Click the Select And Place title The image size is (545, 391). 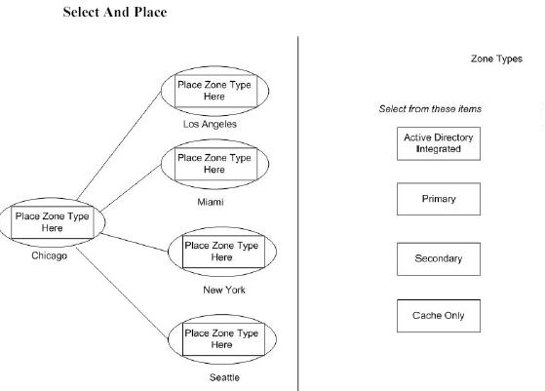point(115,12)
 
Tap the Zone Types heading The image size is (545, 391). point(496,59)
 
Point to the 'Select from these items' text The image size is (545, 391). point(430,109)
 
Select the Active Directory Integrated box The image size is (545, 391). point(439,143)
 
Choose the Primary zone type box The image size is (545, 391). point(439,199)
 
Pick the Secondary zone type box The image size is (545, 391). point(439,259)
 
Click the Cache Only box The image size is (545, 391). point(439,316)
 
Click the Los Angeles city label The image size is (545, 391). point(210,125)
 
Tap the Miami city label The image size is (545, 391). point(211,202)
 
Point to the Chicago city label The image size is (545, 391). point(49,255)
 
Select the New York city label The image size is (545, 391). point(224,290)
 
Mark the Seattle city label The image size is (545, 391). point(224,377)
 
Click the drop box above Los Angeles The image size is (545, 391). point(215,91)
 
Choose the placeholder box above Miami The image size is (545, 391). point(215,164)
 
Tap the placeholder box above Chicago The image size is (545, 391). point(53,222)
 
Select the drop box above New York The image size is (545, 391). point(223,252)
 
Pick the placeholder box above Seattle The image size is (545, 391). point(223,339)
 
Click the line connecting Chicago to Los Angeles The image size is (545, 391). point(119,145)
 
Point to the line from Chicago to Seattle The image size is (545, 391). point(122,293)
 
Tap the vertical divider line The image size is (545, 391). point(298,214)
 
